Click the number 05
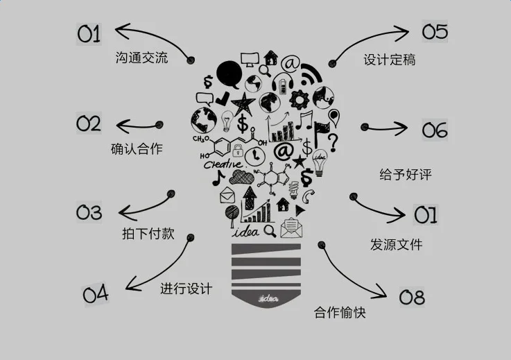tap(435, 32)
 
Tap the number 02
tap(89, 124)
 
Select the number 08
tap(412, 298)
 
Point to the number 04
tap(96, 294)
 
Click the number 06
tap(435, 130)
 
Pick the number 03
tap(89, 212)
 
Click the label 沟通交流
tap(141, 58)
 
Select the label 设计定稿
tap(389, 60)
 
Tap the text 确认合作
tap(137, 148)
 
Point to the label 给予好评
tap(406, 174)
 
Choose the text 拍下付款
tap(148, 234)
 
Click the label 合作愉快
tap(340, 312)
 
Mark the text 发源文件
tap(396, 244)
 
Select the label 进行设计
tap(186, 288)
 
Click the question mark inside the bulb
tap(333, 142)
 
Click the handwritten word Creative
tap(223, 164)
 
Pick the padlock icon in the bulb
tap(238, 149)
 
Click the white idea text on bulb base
tap(267, 299)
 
